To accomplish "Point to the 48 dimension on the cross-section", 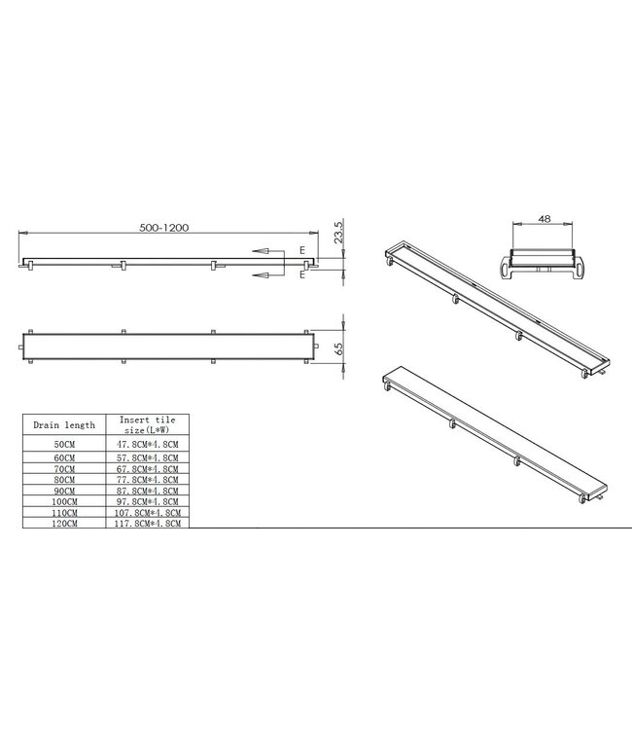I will click(x=543, y=220).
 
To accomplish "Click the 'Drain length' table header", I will click(x=63, y=424).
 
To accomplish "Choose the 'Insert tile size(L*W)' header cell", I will click(x=146, y=424).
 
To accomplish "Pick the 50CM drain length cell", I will click(x=63, y=443).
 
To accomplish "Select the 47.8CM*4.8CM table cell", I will click(x=146, y=443).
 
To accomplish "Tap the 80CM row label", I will click(x=63, y=479).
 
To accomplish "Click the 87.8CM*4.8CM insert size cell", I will click(x=146, y=490).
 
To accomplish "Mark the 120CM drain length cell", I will click(x=63, y=523).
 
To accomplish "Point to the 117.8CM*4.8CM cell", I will click(x=146, y=523).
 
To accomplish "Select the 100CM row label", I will click(x=63, y=500).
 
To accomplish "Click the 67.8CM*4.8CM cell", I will click(x=146, y=467).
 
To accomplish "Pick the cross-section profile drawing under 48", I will click(x=543, y=260).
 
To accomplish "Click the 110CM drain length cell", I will click(x=63, y=512).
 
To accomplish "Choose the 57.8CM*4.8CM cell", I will click(x=146, y=456).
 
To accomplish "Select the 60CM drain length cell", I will click(x=63, y=456).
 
